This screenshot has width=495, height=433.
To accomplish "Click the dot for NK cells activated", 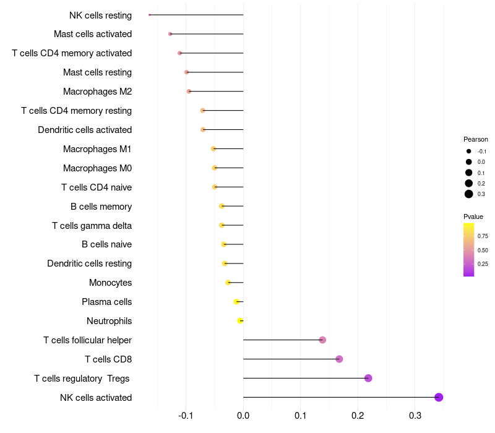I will click(439, 397).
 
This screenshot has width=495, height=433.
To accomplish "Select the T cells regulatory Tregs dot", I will click(368, 378).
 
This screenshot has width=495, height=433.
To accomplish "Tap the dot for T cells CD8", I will click(339, 359).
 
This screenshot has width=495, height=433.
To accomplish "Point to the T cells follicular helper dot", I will click(322, 340).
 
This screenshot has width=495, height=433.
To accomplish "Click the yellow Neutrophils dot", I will click(240, 320).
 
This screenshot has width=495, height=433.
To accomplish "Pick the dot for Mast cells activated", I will click(170, 34).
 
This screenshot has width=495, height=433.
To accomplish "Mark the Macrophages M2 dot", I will click(189, 92).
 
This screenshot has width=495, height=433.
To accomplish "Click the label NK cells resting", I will click(100, 15).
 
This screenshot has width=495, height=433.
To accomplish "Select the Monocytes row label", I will click(110, 283).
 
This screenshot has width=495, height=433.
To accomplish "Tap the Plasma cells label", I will click(106, 302).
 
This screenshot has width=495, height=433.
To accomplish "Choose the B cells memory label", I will click(101, 206).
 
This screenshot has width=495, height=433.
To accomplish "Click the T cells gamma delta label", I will click(92, 225).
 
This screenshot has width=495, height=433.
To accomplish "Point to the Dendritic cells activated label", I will click(85, 130).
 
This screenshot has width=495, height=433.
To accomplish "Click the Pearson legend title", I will click(475, 139).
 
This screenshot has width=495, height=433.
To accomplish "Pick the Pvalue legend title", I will click(473, 216).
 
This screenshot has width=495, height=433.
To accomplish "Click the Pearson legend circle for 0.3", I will click(469, 194).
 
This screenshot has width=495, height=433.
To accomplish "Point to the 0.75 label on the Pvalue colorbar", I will click(483, 236).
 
